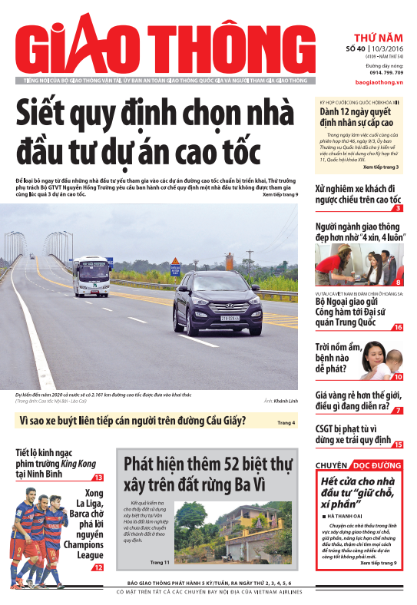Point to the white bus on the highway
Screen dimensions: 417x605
coord(91,276)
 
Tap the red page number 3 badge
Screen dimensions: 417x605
coord(398,208)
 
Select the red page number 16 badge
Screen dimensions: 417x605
coord(398,328)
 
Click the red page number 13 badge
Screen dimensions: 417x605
coord(98,478)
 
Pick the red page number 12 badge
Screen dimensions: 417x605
coord(98,567)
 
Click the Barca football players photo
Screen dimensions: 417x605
coord(43,530)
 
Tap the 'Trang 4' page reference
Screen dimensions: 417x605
coord(286,423)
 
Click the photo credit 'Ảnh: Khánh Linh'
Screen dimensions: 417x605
coord(280,402)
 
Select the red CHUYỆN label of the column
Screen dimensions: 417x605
coord(332,465)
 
